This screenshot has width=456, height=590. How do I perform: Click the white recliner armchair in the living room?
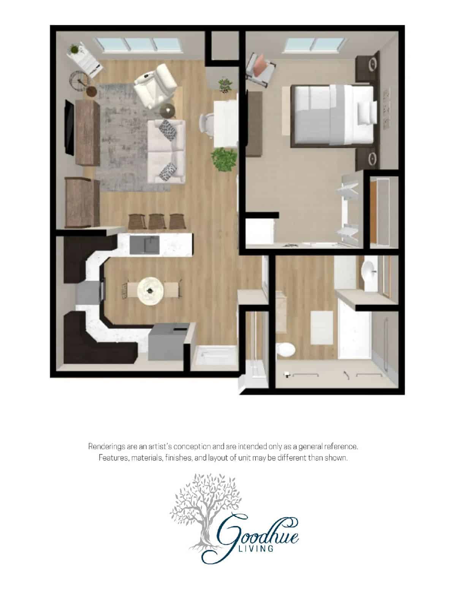[x=155, y=85]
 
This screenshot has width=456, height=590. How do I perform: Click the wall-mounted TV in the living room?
[x=69, y=127]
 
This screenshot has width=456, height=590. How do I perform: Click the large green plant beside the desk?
[x=223, y=159]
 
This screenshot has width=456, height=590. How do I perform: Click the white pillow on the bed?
[x=367, y=113]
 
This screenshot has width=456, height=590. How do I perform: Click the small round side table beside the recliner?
[x=167, y=111]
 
